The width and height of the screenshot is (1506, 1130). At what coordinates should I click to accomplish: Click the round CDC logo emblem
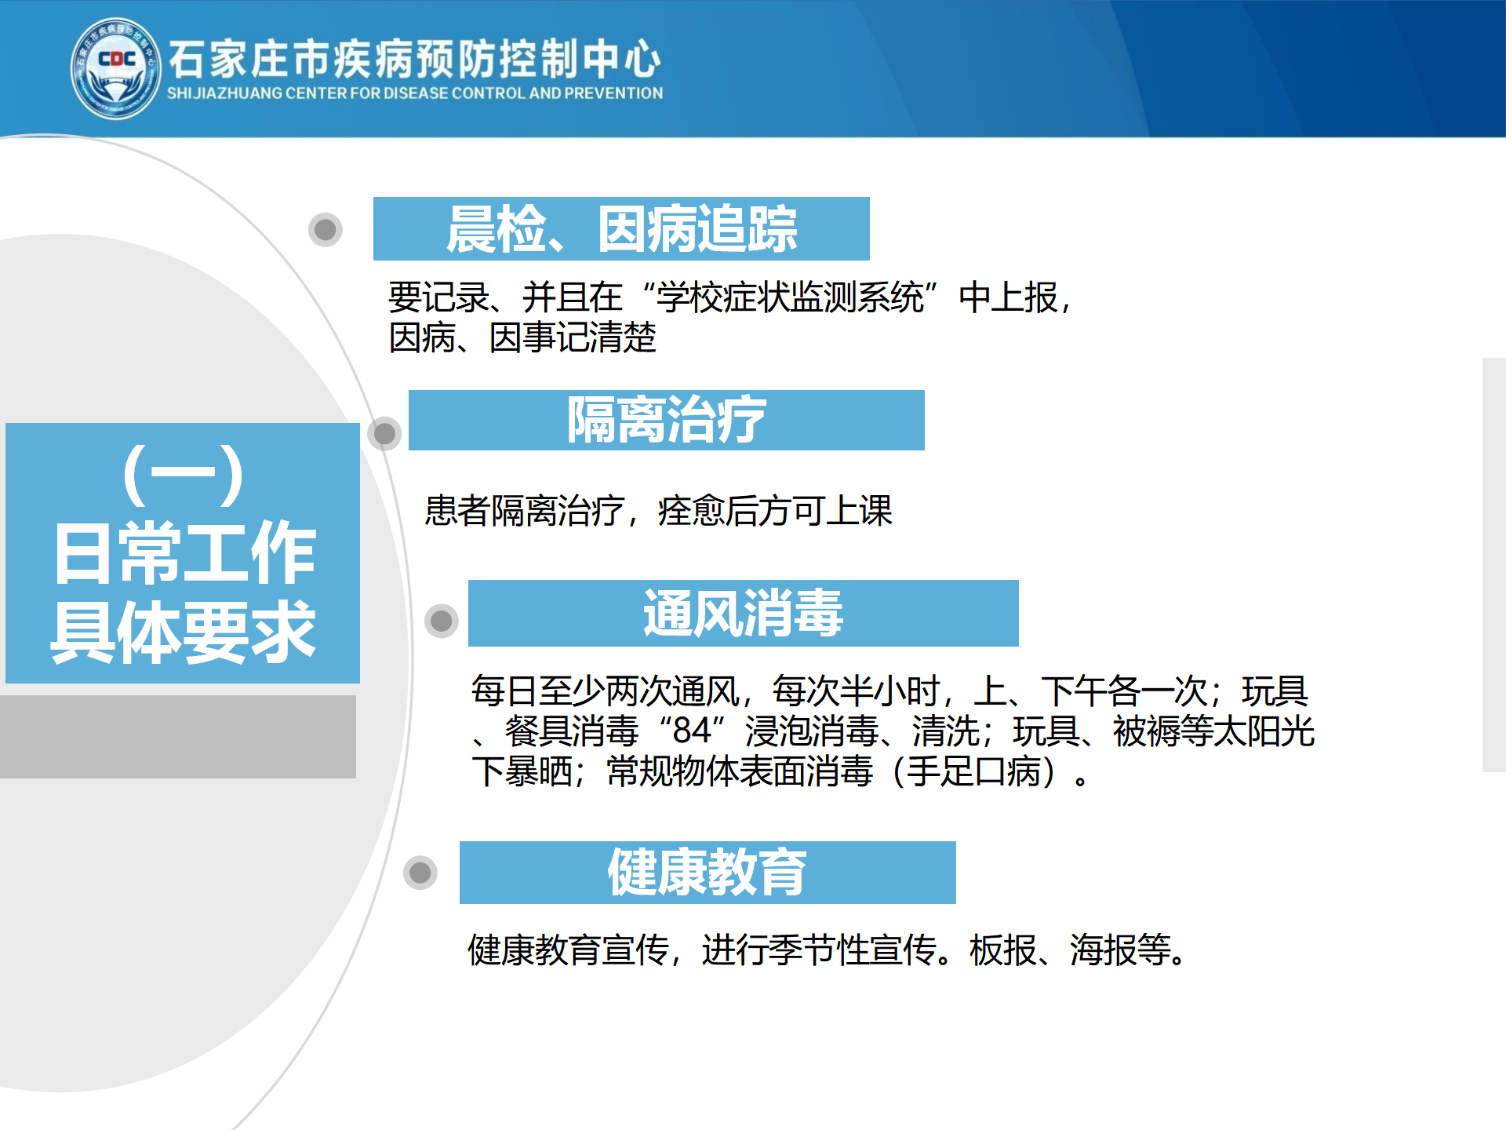tap(116, 69)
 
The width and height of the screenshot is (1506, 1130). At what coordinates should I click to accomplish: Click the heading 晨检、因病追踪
tap(621, 229)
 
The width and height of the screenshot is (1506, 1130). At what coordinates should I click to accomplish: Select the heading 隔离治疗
tap(666, 420)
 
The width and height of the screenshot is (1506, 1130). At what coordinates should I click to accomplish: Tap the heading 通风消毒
tap(743, 613)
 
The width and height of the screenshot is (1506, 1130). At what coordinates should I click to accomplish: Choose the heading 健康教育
tap(707, 872)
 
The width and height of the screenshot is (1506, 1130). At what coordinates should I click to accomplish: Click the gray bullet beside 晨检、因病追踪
tap(326, 230)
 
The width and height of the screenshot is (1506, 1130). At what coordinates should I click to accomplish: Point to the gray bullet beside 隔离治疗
tap(384, 433)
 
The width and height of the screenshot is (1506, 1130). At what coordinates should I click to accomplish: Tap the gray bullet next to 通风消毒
tap(442, 621)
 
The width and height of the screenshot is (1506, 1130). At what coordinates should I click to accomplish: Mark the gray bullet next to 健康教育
tap(420, 872)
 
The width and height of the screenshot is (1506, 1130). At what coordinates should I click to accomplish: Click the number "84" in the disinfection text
tap(692, 731)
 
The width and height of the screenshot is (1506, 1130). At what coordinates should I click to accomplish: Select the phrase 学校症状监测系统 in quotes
tap(791, 298)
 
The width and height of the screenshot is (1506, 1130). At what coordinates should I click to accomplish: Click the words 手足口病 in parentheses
tap(973, 771)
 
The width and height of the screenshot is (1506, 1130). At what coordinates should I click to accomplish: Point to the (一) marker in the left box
tap(183, 475)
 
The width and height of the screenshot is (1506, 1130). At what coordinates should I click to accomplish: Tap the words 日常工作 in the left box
tap(185, 553)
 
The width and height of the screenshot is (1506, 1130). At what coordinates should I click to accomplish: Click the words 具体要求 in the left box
tap(184, 632)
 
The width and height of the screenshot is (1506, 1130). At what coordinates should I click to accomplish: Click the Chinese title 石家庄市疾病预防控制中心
tap(415, 59)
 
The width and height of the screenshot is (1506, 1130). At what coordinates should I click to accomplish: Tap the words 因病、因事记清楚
tap(522, 338)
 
